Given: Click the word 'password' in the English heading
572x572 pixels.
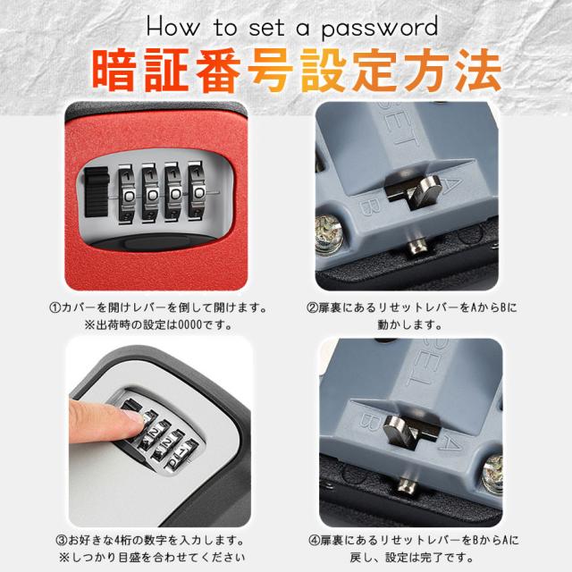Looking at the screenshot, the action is point(380,29).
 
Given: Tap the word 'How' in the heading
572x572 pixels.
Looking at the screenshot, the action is point(173,27).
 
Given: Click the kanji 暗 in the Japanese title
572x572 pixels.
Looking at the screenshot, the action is point(114,70).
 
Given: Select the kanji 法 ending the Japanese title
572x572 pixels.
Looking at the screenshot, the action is point(478,70).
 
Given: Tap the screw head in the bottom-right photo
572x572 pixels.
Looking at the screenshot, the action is point(493,475).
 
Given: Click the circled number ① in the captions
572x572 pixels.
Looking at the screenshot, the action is point(54,307).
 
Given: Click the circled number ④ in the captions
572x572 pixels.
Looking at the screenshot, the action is point(314,540).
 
